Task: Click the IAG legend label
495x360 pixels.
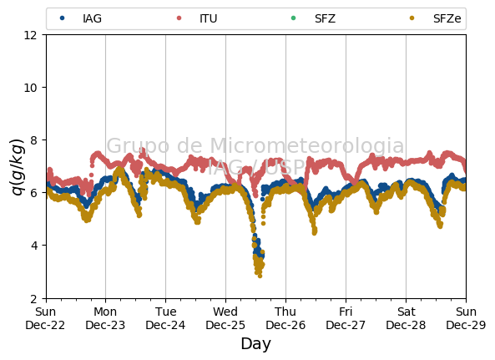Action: tap(92, 18)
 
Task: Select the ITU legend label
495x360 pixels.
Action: tap(209, 18)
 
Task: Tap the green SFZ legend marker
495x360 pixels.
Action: tap(293, 18)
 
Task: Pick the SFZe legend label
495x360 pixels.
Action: tap(447, 18)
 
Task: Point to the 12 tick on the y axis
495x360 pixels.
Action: tap(30, 35)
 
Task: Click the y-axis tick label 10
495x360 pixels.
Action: tap(30, 88)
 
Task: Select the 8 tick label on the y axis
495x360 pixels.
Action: tap(33, 140)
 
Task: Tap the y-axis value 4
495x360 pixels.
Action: tap(33, 246)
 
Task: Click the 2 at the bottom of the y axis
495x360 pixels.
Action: tap(33, 298)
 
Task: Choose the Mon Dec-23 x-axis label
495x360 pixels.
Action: tap(105, 318)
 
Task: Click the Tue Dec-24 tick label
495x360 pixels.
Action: tap(165, 318)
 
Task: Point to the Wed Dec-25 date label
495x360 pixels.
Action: tap(225, 318)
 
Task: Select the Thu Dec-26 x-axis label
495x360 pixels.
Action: tap(285, 318)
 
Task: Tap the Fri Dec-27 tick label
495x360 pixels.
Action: tap(346, 318)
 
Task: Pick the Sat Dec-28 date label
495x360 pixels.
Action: tap(406, 318)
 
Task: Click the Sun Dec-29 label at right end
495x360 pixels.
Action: tap(466, 318)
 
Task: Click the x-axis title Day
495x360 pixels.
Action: tap(255, 344)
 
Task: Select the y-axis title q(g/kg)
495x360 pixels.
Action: tap(18, 167)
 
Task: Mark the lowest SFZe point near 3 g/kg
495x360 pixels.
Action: tap(260, 276)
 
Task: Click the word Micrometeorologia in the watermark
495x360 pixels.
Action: tap(307, 145)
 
